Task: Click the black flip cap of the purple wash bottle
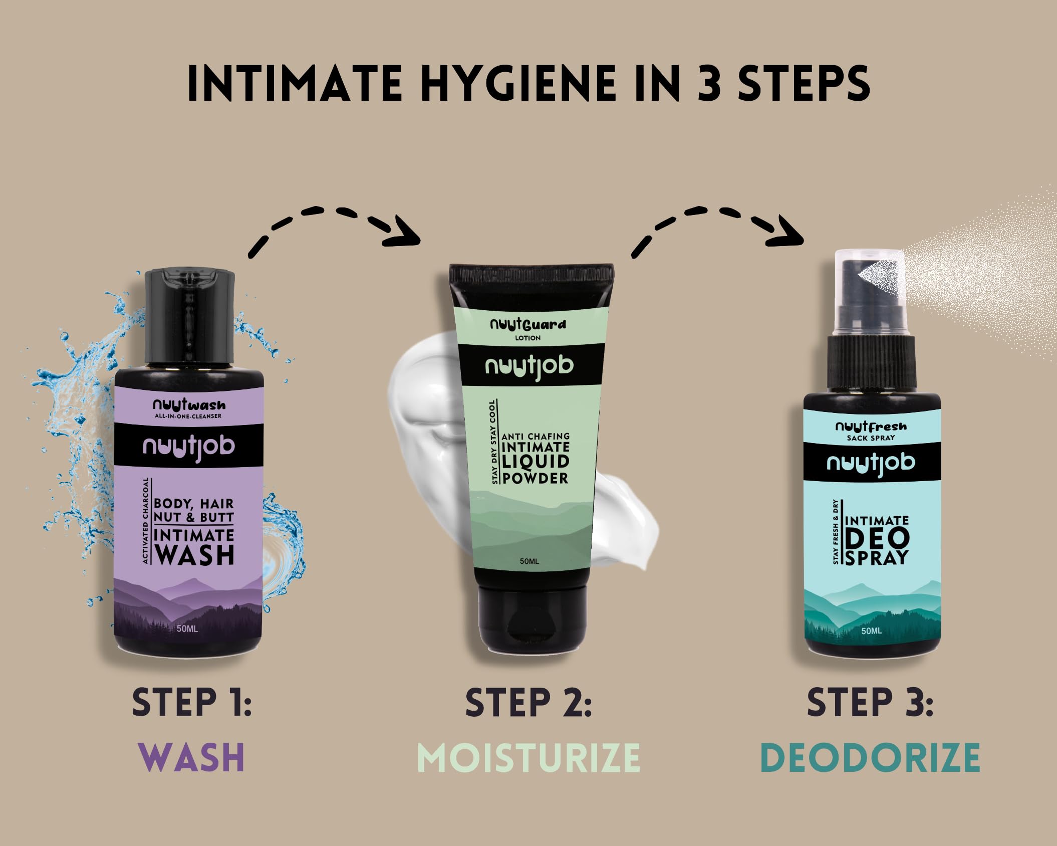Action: click(190, 317)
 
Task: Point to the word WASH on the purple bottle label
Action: click(194, 555)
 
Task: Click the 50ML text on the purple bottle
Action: click(187, 628)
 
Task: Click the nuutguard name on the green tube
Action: click(528, 325)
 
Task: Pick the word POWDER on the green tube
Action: click(536, 478)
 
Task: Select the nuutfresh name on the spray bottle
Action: click(871, 427)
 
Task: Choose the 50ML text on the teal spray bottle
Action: click(872, 630)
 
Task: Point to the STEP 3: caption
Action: click(870, 703)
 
